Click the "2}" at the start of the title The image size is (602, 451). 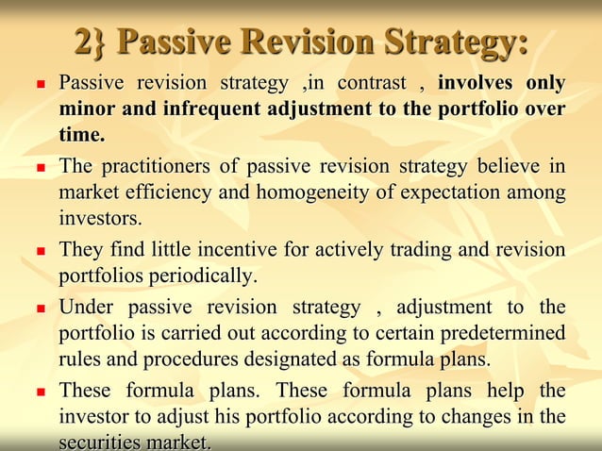[x=92, y=42]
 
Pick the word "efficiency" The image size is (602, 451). [x=166, y=193]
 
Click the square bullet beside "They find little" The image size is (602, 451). [x=41, y=252]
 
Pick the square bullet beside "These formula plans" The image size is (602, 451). [x=41, y=392]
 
